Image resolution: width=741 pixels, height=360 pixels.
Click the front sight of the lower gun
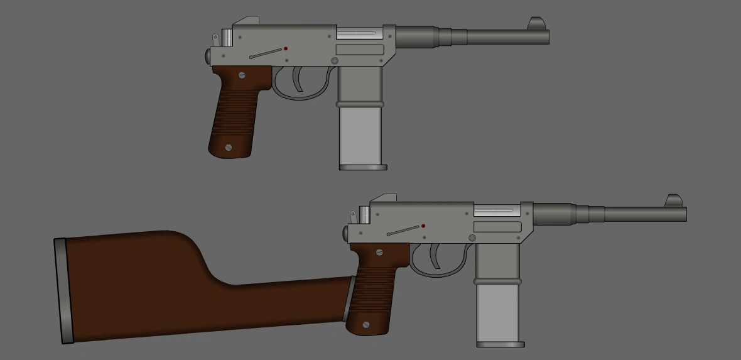point(674,200)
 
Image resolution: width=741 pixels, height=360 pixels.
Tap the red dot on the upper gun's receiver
point(286,48)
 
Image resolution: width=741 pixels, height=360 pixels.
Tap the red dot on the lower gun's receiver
point(423,226)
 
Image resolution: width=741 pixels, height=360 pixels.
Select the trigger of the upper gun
point(297,79)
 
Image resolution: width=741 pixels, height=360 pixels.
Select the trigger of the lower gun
point(435,256)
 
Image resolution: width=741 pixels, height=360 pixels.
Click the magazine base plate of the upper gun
point(363,168)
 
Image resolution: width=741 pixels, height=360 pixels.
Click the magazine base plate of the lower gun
point(500,344)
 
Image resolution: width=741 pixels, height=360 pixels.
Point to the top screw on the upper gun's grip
point(242,75)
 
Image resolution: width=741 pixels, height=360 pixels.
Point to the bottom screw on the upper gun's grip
point(229,148)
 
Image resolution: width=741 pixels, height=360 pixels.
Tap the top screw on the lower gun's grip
point(379,252)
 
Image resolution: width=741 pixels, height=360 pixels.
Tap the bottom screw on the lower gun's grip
point(366,325)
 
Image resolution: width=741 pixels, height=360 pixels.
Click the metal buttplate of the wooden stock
point(63,291)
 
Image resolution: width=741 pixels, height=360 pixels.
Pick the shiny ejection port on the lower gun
point(495,210)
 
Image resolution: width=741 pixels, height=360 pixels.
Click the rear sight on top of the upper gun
point(246,21)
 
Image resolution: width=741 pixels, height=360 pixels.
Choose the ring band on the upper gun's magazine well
point(360,104)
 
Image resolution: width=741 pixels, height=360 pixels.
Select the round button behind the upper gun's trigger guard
point(335,61)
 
